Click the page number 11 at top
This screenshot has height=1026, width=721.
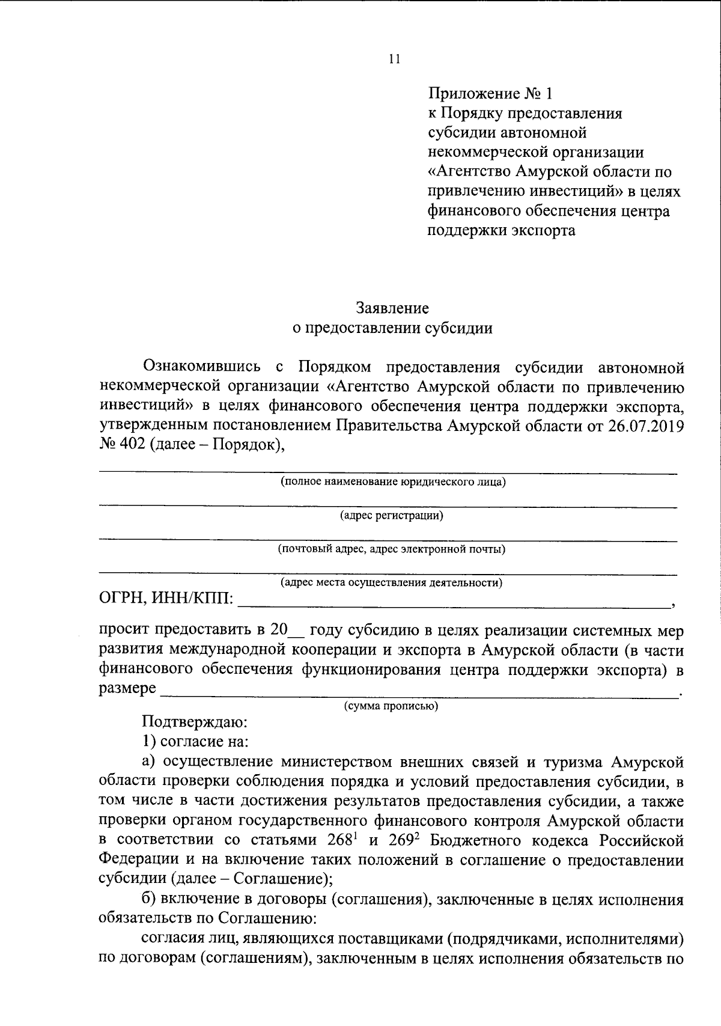(x=394, y=59)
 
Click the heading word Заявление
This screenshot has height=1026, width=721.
(x=392, y=308)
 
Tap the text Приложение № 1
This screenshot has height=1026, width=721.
(x=489, y=94)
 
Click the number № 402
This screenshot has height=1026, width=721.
(x=119, y=446)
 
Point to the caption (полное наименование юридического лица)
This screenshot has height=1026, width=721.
(x=393, y=481)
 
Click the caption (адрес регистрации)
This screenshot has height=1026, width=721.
(x=391, y=515)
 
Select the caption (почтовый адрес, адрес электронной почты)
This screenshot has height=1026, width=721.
(x=391, y=549)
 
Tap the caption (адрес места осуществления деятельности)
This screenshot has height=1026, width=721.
(x=391, y=582)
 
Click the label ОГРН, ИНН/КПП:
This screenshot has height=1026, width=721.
(x=167, y=599)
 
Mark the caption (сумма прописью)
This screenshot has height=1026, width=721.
(x=391, y=706)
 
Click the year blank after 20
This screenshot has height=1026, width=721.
(x=297, y=632)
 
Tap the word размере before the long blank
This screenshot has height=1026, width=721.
(x=127, y=689)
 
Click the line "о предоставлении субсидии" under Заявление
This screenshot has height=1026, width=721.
(x=392, y=328)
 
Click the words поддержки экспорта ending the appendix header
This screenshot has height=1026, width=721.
(x=501, y=231)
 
